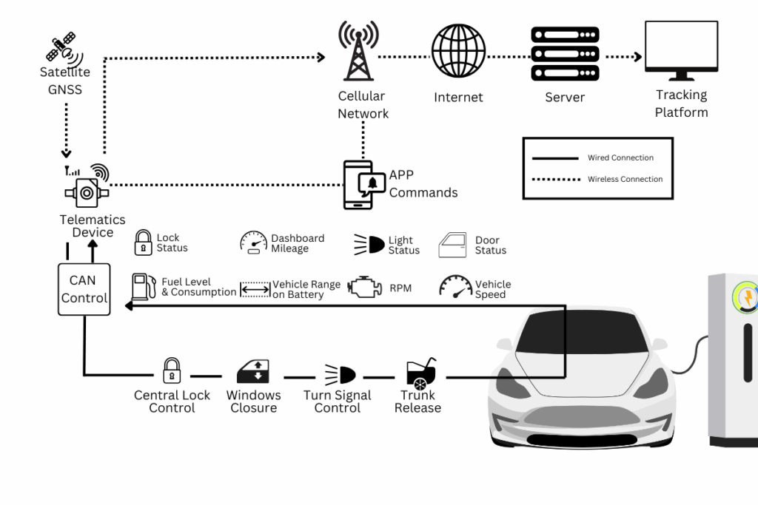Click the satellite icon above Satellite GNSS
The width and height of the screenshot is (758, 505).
pyautogui.click(x=62, y=47)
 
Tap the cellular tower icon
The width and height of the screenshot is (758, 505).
pyautogui.click(x=359, y=50)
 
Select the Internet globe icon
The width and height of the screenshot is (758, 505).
pyautogui.click(x=458, y=51)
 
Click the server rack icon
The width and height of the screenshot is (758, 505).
pyautogui.click(x=564, y=53)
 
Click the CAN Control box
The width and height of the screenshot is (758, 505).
pyautogui.click(x=84, y=289)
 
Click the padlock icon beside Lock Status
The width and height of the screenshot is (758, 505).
pyautogui.click(x=143, y=243)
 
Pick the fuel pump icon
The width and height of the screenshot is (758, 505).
pyautogui.click(x=141, y=287)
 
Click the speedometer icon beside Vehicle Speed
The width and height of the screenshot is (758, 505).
pyautogui.click(x=455, y=287)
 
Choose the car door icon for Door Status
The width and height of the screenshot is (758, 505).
pyautogui.click(x=452, y=245)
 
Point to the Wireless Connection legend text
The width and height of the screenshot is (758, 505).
pyautogui.click(x=625, y=179)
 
